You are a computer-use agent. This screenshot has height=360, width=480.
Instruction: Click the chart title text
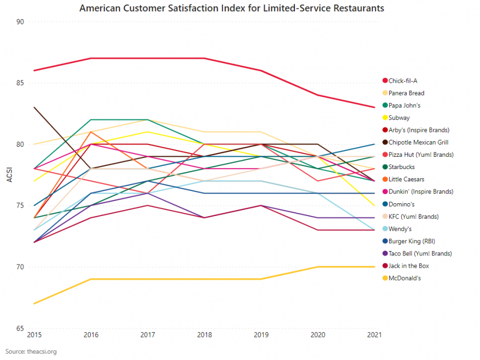point(231,9)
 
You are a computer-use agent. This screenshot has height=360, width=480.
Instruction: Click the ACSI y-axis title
point(9,174)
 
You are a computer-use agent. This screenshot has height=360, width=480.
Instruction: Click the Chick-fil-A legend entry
point(403,81)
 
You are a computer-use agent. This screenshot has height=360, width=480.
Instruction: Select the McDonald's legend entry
point(404,278)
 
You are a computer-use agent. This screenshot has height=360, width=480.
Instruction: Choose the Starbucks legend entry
point(401,167)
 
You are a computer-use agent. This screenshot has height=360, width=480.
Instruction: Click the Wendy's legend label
point(400,229)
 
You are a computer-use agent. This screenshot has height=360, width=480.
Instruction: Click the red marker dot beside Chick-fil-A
point(385,81)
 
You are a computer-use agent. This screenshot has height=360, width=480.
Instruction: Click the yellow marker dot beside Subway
point(385,118)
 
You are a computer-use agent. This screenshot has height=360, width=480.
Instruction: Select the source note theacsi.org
point(31,351)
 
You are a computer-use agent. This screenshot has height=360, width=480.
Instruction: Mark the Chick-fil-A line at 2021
point(374,107)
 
